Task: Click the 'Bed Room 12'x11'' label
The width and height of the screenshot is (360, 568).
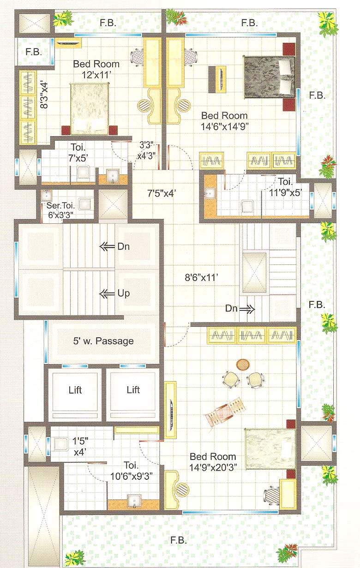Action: tap(96, 69)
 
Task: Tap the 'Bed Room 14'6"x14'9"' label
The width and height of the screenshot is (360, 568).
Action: tap(224, 120)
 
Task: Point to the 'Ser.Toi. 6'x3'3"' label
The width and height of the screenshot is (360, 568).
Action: tap(59, 210)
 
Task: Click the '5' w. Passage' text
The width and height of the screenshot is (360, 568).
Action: tap(103, 341)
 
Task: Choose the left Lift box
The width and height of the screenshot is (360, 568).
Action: tap(75, 390)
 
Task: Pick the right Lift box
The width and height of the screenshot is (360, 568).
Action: tap(133, 390)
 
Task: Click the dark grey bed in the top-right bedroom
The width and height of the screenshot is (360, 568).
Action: tap(269, 77)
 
